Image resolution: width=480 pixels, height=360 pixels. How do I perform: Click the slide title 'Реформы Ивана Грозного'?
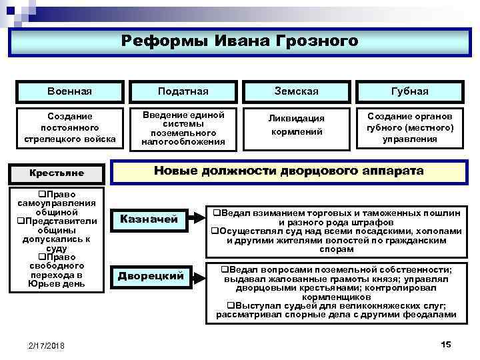click(239, 41)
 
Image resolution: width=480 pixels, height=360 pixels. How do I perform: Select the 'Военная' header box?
click(69, 91)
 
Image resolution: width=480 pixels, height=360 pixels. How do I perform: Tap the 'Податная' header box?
click(183, 91)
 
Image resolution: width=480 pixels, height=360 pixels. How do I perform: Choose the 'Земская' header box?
click(296, 91)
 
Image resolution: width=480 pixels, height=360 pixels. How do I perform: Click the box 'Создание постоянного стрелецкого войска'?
click(69, 127)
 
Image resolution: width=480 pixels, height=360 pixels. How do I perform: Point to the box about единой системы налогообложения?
click(183, 127)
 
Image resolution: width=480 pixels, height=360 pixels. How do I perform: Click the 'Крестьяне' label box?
click(57, 173)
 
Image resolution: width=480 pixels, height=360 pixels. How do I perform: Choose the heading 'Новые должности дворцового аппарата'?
click(288, 171)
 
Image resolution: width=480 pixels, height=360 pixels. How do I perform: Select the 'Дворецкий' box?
click(150, 276)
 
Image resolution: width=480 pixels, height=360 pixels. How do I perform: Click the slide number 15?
click(446, 344)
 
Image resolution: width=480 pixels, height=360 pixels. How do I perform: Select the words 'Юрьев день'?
click(57, 284)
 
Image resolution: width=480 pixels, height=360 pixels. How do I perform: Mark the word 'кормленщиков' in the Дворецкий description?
click(335, 297)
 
